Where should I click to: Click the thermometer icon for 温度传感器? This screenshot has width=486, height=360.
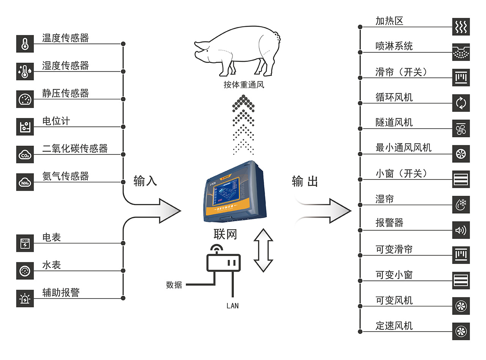(x=25, y=44)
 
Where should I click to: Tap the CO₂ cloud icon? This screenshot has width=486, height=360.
(x=25, y=154)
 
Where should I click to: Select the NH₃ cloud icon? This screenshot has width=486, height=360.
(x=25, y=182)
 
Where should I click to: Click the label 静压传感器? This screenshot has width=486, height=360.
(x=65, y=93)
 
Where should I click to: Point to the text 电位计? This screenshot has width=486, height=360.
(x=56, y=121)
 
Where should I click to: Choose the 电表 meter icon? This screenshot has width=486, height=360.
(x=25, y=243)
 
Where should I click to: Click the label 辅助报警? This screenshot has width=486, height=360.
(x=61, y=292)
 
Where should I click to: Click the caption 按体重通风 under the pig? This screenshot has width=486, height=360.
(x=244, y=85)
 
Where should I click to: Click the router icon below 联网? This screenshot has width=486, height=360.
(x=224, y=261)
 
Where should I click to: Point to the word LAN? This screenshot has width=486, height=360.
(x=232, y=305)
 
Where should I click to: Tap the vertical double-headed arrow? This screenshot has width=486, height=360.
(x=263, y=250)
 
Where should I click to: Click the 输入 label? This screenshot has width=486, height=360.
(x=145, y=181)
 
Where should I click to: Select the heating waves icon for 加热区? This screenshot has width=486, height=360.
(x=461, y=27)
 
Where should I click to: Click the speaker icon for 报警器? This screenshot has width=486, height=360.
(x=461, y=230)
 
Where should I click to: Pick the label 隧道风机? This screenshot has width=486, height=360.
(x=394, y=123)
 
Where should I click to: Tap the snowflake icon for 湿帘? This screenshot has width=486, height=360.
(x=461, y=205)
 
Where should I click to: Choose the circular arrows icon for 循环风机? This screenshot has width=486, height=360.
(x=461, y=103)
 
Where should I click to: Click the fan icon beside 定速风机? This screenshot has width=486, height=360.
(x=461, y=332)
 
